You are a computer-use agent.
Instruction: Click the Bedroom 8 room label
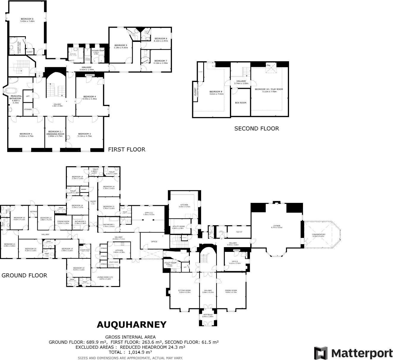click(x=27, y=19)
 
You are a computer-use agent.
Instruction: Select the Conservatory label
click(x=318, y=235)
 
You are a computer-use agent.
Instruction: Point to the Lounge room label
click(x=276, y=226)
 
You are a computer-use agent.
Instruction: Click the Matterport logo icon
click(x=321, y=353)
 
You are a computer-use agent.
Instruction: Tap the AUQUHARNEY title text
click(x=132, y=325)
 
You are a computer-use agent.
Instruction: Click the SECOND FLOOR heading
click(x=257, y=129)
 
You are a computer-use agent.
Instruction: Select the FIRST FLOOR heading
click(x=127, y=149)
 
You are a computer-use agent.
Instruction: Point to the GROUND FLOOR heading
click(x=24, y=275)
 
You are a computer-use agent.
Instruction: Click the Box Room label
click(x=241, y=103)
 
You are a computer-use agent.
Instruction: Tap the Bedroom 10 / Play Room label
click(x=269, y=89)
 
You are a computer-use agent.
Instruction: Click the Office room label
click(x=154, y=241)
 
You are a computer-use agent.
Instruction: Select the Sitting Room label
click(x=184, y=290)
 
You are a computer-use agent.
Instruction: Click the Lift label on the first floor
click(x=28, y=96)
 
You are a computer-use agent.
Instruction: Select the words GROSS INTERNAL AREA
click(x=130, y=337)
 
